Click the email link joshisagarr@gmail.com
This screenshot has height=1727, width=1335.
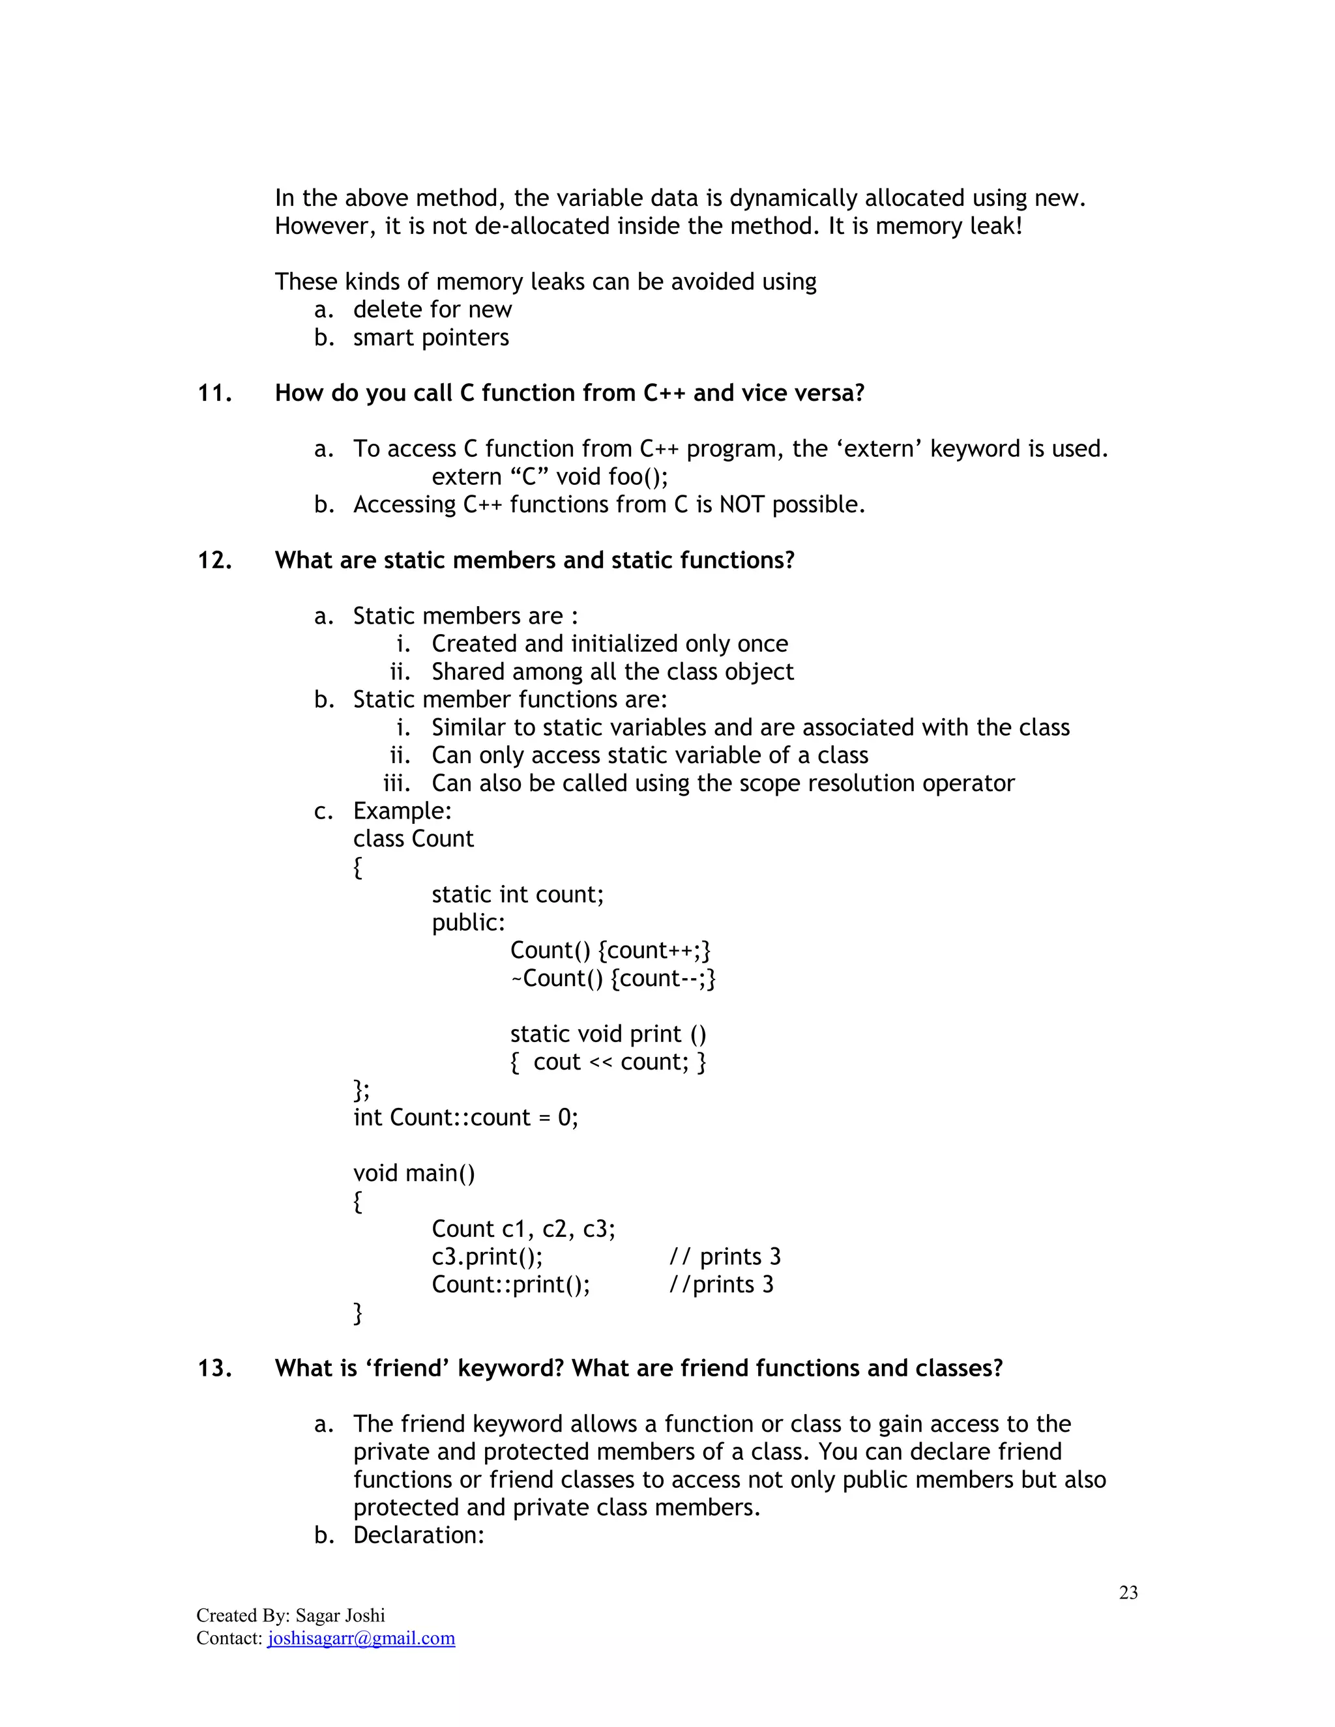coord(360,1638)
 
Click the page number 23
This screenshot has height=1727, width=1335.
coord(1128,1593)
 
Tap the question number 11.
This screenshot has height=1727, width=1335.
coord(214,393)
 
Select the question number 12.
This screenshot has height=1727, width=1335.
coord(214,560)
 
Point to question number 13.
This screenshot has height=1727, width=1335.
coord(214,1368)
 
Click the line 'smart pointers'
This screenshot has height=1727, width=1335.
coord(430,338)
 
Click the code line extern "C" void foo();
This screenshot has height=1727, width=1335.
coord(550,477)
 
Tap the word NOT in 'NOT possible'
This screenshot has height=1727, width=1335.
coord(741,504)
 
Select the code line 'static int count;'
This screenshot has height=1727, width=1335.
coord(517,894)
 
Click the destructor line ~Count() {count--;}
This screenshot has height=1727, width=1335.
coord(612,978)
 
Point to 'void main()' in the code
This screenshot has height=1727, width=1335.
coord(414,1172)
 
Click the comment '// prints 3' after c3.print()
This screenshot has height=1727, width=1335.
coord(724,1256)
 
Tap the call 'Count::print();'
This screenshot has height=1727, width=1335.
coord(510,1284)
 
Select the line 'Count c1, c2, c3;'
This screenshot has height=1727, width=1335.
coord(523,1229)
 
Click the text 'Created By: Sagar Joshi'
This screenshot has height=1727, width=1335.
coord(290,1616)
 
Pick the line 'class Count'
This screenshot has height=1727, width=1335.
coord(413,838)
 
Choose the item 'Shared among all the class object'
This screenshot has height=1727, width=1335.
coord(611,671)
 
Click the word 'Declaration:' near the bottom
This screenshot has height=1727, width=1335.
coord(418,1535)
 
